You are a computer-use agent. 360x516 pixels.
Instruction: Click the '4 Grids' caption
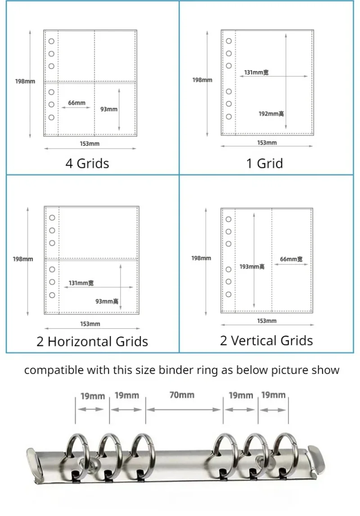tap(87, 163)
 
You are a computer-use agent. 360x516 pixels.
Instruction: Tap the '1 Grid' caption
tap(265, 163)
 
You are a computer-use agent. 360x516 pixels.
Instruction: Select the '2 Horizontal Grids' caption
tap(92, 341)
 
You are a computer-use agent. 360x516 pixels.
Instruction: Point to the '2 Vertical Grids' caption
tap(266, 341)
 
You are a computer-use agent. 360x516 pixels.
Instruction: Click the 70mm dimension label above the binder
tap(182, 395)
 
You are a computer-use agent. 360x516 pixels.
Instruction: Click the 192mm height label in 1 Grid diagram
tap(271, 114)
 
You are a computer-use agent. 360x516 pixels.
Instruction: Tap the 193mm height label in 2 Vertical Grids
tap(252, 267)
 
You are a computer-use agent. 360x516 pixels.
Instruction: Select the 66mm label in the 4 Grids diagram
tap(76, 103)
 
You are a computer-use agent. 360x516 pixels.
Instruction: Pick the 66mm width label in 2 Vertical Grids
tap(291, 259)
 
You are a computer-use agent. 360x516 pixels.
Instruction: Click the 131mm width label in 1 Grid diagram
tap(256, 72)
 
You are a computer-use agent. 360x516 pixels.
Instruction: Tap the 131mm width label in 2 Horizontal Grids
tap(81, 283)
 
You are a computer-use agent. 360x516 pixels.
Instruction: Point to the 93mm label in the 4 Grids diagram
tap(109, 109)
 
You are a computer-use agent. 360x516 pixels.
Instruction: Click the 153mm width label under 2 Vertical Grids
tap(266, 321)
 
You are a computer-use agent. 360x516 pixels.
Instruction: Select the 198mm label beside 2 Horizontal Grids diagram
tap(22, 259)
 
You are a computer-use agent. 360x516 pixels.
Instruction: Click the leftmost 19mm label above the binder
tap(93, 396)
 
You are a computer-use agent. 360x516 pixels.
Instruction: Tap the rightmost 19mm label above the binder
tap(274, 395)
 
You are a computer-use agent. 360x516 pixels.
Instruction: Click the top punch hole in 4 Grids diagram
tap(51, 41)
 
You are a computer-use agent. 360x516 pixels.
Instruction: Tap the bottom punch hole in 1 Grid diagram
tap(229, 117)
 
